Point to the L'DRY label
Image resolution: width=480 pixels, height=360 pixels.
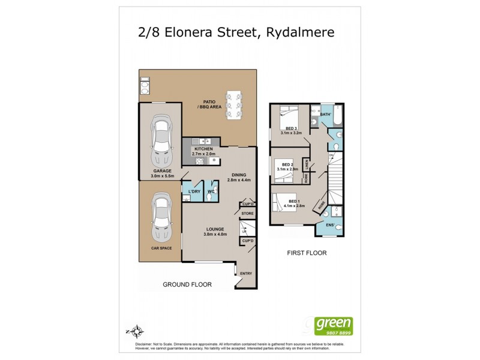pyautogui.click(x=193, y=191)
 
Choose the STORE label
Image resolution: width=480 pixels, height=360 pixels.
pyautogui.click(x=248, y=213)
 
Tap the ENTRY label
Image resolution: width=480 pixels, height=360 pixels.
pyautogui.click(x=246, y=274)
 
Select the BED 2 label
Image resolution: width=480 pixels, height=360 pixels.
pyautogui.click(x=287, y=164)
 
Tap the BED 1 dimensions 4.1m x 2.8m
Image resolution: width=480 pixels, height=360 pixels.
pyautogui.click(x=293, y=206)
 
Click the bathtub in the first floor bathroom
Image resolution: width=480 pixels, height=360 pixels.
pyautogui.click(x=336, y=118)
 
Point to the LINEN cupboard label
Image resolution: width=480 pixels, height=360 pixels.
pyautogui.click(x=306, y=164)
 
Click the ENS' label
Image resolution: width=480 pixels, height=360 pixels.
pyautogui.click(x=329, y=225)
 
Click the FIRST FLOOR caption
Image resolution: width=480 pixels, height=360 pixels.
pyautogui.click(x=306, y=253)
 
